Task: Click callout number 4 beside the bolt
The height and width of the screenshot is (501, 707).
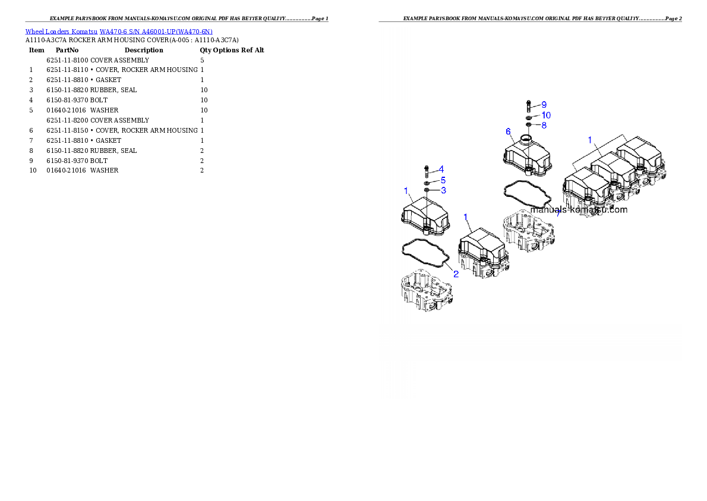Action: click(441, 169)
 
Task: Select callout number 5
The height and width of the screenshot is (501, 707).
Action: click(443, 180)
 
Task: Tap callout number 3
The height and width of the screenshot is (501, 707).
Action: click(443, 190)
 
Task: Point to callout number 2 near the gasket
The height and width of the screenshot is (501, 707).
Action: click(456, 274)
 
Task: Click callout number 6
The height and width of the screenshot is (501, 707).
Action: click(508, 131)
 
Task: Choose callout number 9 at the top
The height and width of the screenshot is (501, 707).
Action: click(544, 105)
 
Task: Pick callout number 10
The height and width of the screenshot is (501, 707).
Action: click(546, 115)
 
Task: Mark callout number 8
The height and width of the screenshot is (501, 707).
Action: click(544, 125)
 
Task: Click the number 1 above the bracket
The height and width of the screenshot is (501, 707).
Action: click(590, 140)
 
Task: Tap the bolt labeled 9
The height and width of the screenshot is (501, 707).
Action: click(528, 107)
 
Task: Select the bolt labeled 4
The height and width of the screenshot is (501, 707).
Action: click(426, 171)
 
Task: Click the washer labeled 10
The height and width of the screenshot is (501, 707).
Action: click(528, 118)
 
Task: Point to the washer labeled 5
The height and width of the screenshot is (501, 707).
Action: click(427, 182)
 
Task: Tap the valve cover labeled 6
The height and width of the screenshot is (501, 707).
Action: click(526, 156)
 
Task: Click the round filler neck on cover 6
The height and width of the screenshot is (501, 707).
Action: click(525, 140)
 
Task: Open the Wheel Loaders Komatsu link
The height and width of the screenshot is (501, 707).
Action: click(119, 32)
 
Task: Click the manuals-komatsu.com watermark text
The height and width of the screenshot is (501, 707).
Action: click(579, 209)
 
